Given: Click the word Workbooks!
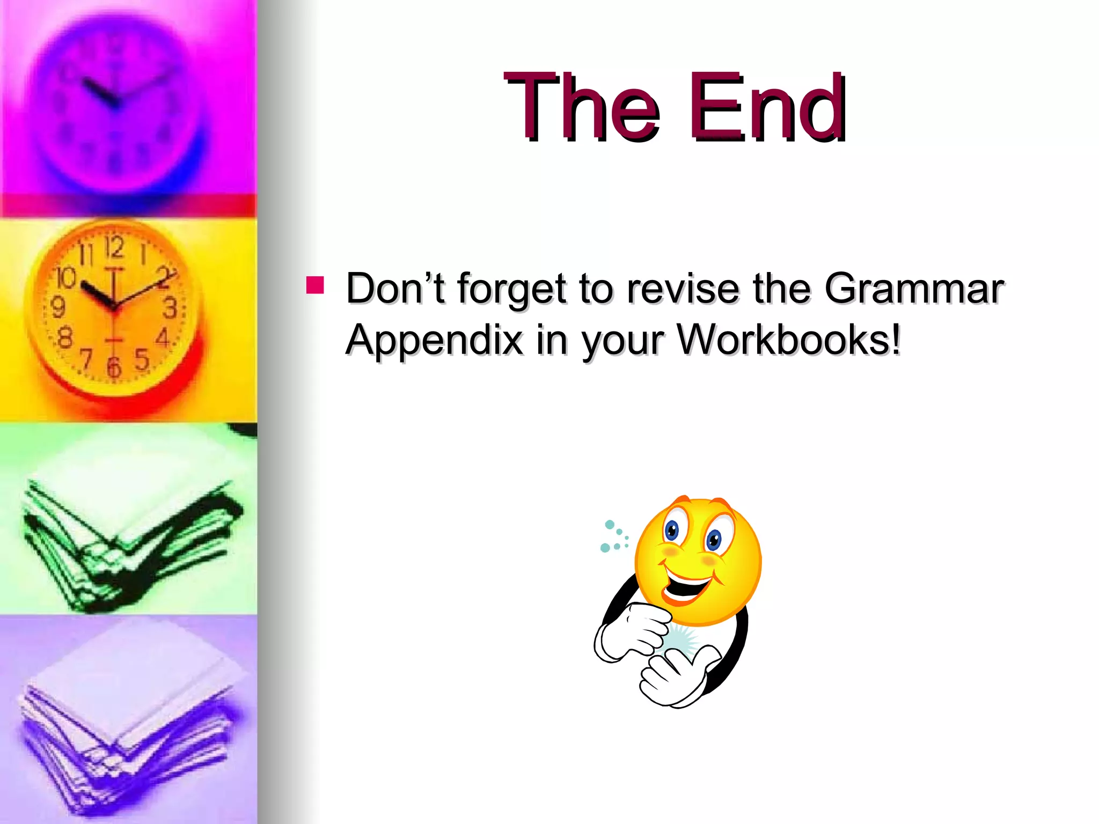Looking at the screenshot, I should click(x=789, y=340).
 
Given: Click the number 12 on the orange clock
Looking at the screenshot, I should click(x=114, y=247).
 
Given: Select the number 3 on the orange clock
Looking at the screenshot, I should click(x=170, y=308).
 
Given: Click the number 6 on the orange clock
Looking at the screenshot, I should click(x=114, y=368).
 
